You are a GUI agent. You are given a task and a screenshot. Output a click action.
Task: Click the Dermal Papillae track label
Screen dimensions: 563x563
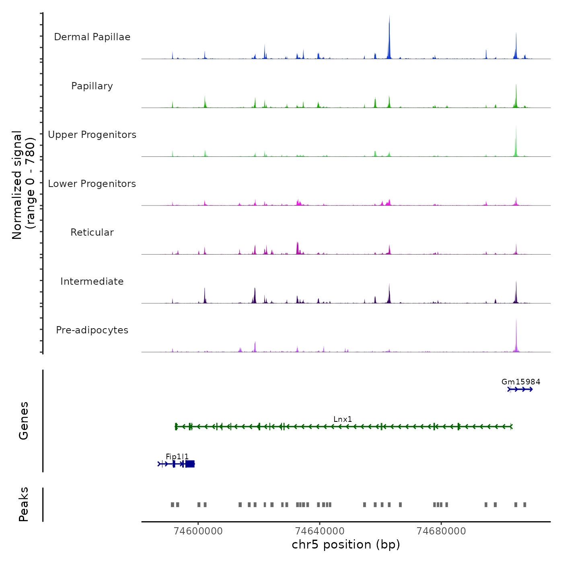92,37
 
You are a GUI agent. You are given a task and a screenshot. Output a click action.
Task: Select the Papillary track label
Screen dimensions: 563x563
92,86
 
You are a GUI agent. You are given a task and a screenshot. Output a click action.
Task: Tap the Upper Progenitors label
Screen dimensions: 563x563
92,135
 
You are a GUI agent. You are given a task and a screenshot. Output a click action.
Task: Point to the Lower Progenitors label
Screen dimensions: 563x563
92,184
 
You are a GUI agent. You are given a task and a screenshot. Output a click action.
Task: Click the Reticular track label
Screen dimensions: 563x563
92,232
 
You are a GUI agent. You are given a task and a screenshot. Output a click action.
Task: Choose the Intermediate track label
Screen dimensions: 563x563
92,281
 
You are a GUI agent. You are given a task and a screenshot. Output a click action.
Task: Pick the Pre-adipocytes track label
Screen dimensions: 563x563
92,330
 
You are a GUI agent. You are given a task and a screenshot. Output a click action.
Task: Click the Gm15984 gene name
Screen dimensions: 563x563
521,382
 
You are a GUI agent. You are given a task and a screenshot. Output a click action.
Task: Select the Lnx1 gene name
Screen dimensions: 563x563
343,419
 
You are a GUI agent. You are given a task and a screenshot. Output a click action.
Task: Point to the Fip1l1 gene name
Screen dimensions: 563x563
177,456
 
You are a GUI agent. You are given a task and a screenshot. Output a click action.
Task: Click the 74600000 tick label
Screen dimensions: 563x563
198,531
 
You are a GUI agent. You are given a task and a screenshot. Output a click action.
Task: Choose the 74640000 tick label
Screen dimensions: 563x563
320,531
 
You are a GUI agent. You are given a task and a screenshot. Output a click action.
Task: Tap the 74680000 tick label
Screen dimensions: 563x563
441,531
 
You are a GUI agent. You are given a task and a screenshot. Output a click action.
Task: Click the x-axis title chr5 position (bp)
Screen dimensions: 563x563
346,545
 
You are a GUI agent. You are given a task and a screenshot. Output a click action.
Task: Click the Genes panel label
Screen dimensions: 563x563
23,421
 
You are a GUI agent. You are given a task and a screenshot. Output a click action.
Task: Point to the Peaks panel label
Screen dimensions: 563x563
23,504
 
